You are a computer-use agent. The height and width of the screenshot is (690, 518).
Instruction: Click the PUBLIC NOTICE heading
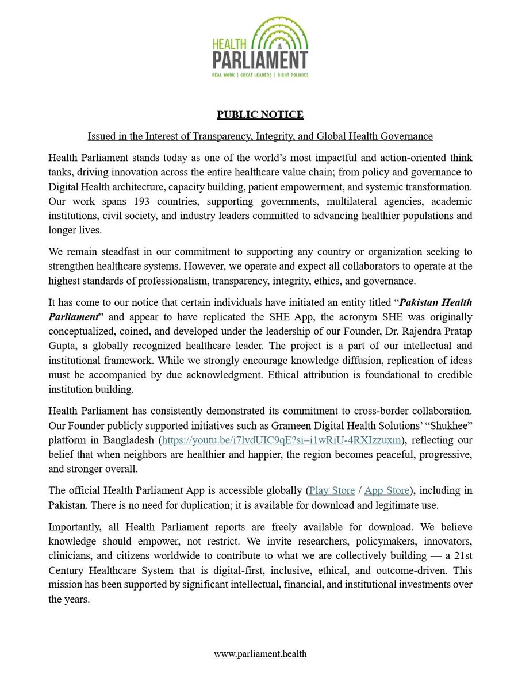coord(260,114)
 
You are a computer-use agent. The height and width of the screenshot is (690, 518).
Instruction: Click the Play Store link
coord(332,490)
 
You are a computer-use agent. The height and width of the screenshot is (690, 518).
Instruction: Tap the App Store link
coord(387,490)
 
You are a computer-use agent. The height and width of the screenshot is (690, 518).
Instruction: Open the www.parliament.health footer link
coord(260,654)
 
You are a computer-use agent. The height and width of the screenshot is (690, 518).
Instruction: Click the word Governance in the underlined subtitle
coord(409,136)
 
